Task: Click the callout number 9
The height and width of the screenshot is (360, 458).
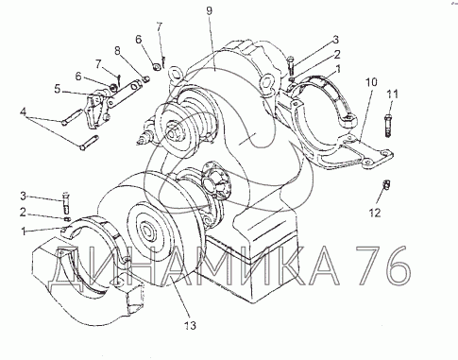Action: point(210,11)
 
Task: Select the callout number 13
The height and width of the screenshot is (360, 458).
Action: point(190,325)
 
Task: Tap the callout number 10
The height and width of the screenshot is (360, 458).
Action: point(371,82)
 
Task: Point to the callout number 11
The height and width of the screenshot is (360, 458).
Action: point(393,94)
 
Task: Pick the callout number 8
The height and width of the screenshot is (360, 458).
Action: point(118,51)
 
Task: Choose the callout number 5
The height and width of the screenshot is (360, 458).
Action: point(57,89)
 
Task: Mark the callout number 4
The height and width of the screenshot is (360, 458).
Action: point(23,111)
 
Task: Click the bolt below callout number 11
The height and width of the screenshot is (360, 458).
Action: point(388,127)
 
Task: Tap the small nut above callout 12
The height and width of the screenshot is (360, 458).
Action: point(386,185)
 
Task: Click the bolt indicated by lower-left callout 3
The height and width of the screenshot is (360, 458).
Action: point(66,202)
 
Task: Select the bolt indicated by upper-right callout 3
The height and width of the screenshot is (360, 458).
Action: point(291,66)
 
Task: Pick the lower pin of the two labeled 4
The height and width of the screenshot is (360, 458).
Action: point(90,143)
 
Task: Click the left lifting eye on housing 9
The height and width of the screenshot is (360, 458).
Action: point(175,75)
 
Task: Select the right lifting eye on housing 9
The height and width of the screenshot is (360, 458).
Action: point(267,83)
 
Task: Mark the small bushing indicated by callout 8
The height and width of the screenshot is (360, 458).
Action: point(145,79)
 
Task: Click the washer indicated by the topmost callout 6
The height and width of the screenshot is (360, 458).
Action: point(156,67)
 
